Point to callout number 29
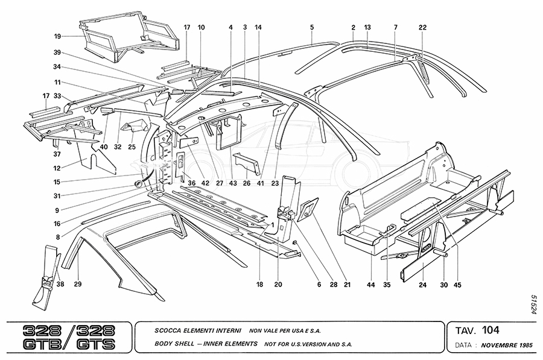pyautogui.click(x=78, y=283)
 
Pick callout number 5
pyautogui.click(x=312, y=28)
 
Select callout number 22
pyautogui.click(x=422, y=28)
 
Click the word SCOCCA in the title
pyautogui.click(x=165, y=331)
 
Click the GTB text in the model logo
pyautogui.click(x=40, y=346)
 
